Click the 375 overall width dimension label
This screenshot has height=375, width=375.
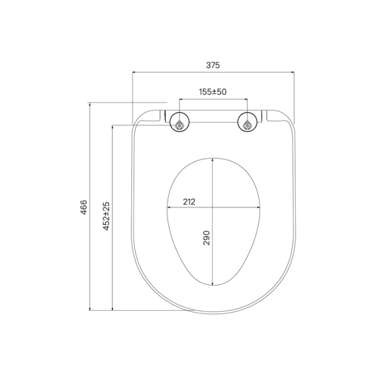coord(212,65)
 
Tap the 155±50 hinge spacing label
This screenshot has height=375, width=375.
coord(212,91)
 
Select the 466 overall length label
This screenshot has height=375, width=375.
coord(84,207)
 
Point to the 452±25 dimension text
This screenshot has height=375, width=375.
coord(106,216)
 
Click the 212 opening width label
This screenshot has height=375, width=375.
coord(189,201)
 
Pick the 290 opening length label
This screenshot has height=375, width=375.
coord(206,237)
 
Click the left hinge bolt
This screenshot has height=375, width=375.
coord(180,124)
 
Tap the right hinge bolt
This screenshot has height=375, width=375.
coord(247,124)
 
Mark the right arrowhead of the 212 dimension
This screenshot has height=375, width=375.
coord(260,207)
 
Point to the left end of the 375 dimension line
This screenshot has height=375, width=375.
coord(133,72)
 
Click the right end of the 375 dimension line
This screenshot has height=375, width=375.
coord(294,72)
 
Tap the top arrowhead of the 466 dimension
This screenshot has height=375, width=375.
coord(91,104)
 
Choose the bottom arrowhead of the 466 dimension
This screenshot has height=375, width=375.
coord(91,309)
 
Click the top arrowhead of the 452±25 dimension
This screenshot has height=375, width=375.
coord(112,125)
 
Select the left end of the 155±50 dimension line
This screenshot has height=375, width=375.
coord(180,99)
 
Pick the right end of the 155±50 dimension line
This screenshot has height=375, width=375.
coord(247,99)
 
